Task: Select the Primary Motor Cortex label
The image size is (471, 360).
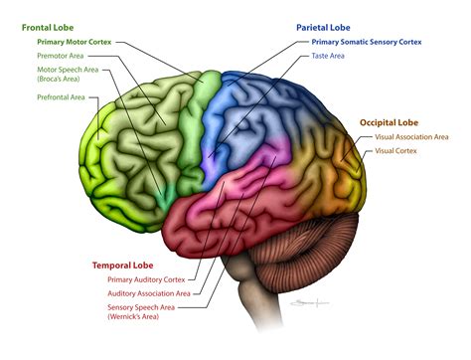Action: [x=75, y=43]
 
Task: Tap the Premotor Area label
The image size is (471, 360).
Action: [x=60, y=57]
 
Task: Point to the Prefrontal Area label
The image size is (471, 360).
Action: [x=61, y=96]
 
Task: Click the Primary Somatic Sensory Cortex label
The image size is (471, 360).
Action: [x=365, y=42]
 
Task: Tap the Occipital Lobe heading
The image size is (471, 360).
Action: [x=389, y=122]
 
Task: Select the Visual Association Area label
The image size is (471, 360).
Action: [x=411, y=136]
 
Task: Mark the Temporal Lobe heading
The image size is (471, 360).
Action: [x=121, y=266]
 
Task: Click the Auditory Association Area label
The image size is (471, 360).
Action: [x=149, y=294]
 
